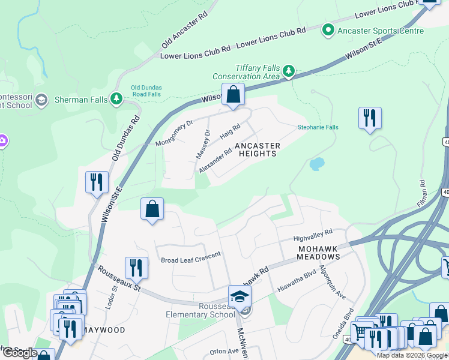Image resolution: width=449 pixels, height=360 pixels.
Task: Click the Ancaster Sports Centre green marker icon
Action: click(x=328, y=29)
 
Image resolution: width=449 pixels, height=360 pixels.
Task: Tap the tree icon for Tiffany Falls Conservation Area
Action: click(x=289, y=72)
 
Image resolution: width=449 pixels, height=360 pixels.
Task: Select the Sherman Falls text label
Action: click(x=80, y=100)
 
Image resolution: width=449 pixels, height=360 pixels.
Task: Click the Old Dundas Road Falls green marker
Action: click(x=118, y=99)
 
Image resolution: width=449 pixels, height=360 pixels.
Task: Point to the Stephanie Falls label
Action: click(x=318, y=127)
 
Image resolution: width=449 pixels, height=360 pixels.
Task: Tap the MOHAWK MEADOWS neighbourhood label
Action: click(x=318, y=252)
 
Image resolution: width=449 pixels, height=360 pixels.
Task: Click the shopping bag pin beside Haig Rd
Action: click(x=233, y=95)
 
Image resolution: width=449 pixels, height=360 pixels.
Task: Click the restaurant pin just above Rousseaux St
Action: click(x=136, y=268)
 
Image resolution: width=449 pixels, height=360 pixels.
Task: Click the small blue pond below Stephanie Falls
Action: click(x=316, y=163)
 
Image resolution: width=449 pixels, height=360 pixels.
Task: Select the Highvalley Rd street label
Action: click(x=313, y=235)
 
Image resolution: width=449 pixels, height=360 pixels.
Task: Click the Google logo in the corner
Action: click(x=20, y=353)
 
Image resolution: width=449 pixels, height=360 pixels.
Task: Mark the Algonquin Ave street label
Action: click(x=333, y=282)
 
